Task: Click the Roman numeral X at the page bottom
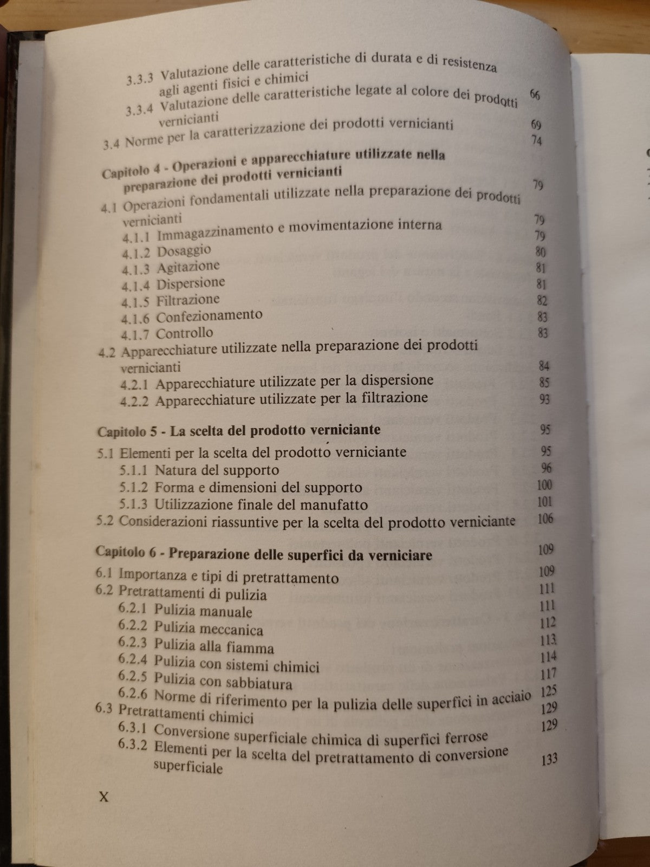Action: tap(102, 797)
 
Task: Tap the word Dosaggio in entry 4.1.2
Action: tap(184, 251)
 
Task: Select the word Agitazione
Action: tap(188, 267)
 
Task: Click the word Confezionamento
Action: tap(209, 315)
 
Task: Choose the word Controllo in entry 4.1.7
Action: tap(184, 333)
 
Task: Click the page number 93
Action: tap(544, 399)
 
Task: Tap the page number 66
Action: tap(535, 95)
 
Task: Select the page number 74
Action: tap(537, 141)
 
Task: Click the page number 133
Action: tap(549, 759)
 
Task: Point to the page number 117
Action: tap(548, 674)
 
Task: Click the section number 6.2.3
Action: tap(133, 643)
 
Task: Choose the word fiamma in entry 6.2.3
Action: tap(255, 648)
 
